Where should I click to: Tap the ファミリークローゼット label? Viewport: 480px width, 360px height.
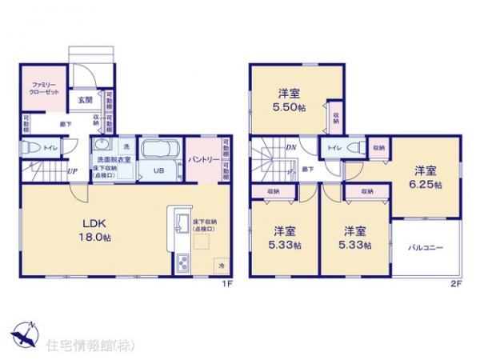pos(42,87)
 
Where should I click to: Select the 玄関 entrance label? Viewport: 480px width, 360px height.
pos(86,100)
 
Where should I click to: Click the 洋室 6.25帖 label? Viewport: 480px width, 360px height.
pos(426,175)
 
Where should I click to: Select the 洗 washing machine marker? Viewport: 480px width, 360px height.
pos(126,146)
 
